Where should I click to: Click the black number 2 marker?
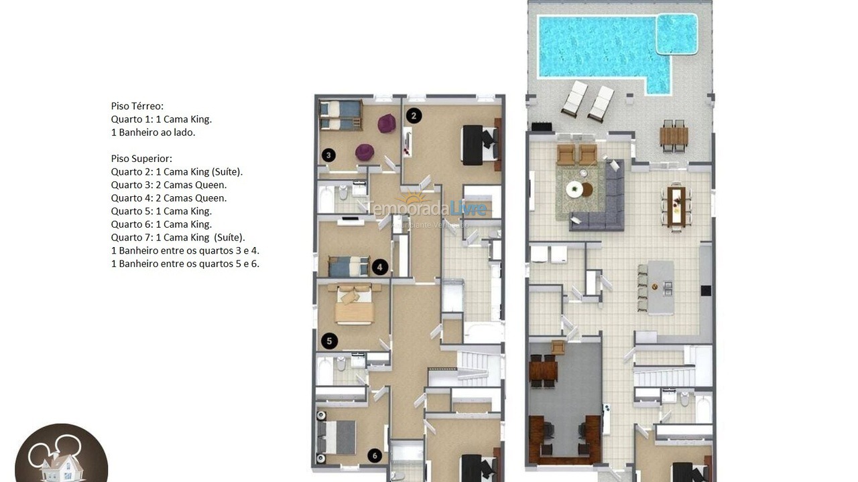[x=414, y=115]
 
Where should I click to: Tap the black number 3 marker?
[x=328, y=155]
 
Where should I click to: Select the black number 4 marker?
[x=379, y=267]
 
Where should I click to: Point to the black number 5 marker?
[x=328, y=341]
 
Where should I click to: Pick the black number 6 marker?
[x=375, y=456]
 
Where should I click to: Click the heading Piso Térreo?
[x=137, y=106]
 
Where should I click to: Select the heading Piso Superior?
[x=141, y=159]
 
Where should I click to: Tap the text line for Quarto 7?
[x=178, y=237]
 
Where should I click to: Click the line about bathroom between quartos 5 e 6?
[x=185, y=263]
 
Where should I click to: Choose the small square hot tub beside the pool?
[x=676, y=34]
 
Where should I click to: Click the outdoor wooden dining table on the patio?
[x=674, y=136]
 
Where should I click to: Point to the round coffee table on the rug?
[x=575, y=189]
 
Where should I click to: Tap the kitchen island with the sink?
[x=661, y=287]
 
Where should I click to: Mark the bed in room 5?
[x=354, y=305]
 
